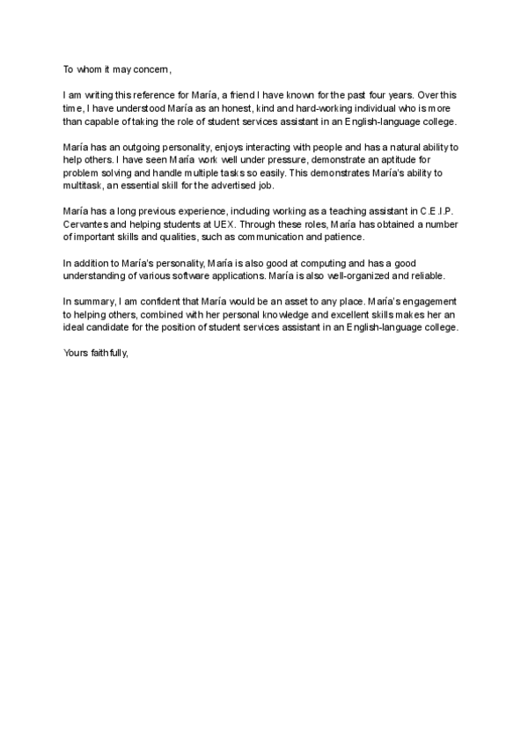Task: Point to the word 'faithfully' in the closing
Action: pos(110,352)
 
